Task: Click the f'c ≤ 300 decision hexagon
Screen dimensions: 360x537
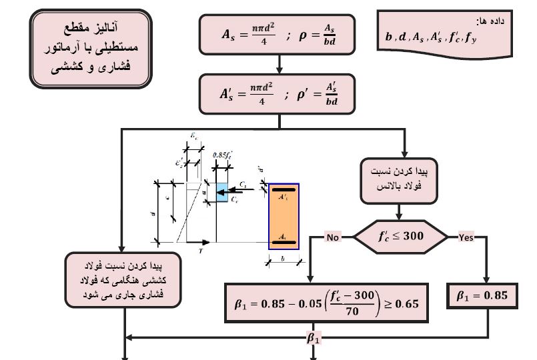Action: pos(400,237)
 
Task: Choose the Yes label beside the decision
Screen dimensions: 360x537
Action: pos(465,237)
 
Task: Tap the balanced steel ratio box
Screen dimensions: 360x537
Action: pos(398,180)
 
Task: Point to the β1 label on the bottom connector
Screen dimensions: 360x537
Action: pos(314,338)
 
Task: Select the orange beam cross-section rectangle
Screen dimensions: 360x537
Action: pos(284,216)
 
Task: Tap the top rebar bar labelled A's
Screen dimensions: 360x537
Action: pos(284,191)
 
